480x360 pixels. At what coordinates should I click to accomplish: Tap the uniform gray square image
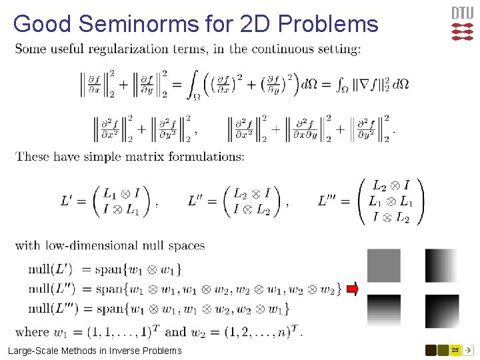(x=383, y=265)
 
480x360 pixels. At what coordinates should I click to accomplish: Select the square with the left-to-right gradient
(x=441, y=265)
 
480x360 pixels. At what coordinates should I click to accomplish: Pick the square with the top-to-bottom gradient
(x=383, y=311)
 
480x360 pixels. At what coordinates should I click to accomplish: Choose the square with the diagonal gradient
(x=441, y=311)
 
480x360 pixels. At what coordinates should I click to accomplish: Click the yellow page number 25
(x=455, y=349)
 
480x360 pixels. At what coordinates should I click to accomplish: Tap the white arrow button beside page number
(x=468, y=349)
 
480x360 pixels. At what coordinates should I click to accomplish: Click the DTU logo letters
(x=463, y=13)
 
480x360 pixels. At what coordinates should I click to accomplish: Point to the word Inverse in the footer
(x=117, y=350)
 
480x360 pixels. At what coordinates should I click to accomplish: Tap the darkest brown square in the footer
(x=431, y=349)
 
